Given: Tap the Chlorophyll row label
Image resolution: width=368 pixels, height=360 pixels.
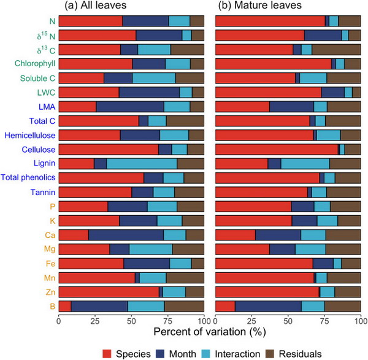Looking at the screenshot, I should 32,63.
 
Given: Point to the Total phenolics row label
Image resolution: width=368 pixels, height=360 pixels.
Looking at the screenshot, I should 28,177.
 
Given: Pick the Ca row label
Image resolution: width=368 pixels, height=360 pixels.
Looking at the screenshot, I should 47,234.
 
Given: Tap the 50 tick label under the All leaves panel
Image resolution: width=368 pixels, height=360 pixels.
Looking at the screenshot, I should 131,320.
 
